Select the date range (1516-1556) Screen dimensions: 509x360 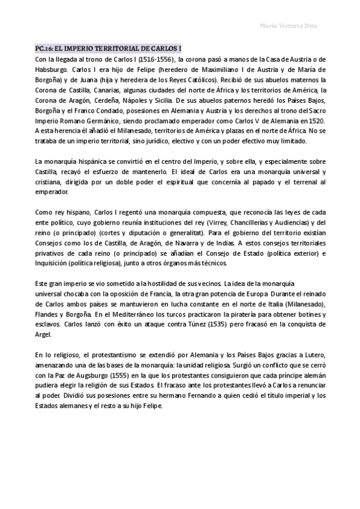tap(154, 59)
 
